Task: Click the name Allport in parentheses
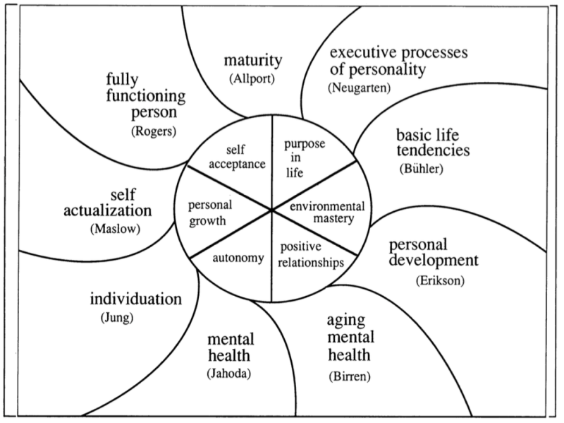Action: tap(252, 78)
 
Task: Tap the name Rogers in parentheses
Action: tap(154, 131)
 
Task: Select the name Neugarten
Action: tap(359, 88)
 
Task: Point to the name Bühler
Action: tap(421, 169)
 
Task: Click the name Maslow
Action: tap(115, 228)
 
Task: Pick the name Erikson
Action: tap(440, 280)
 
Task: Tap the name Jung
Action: tap(117, 318)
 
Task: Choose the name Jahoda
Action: tap(228, 374)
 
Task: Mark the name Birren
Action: tap(349, 376)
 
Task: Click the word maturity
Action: tap(253, 61)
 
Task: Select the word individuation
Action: tap(135, 299)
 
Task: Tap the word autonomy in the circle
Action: tap(238, 258)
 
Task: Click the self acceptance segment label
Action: tap(237, 157)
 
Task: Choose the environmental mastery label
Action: tap(327, 213)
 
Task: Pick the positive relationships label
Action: tap(311, 255)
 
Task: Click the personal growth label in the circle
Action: tap(210, 213)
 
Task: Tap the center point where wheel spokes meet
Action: tap(271, 209)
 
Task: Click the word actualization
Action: tap(108, 210)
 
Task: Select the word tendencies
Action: tap(433, 150)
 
